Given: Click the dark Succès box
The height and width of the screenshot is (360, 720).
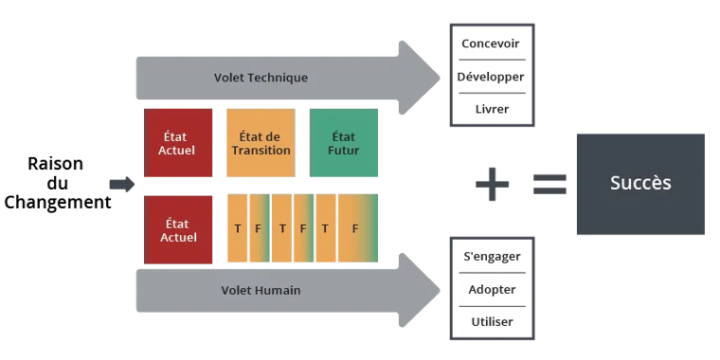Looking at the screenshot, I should tap(640, 184).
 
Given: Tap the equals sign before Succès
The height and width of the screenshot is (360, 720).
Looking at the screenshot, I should tap(549, 183).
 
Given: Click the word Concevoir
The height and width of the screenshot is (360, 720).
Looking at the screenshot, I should tap(490, 44).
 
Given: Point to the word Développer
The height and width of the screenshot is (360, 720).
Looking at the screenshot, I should tap(490, 76).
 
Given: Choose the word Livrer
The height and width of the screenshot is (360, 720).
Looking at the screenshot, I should tap(490, 109).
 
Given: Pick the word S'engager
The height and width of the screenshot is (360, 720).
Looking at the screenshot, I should tap(491, 256).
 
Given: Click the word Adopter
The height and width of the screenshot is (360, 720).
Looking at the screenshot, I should tap(491, 289).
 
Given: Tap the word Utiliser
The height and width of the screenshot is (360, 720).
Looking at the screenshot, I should tap(491, 322).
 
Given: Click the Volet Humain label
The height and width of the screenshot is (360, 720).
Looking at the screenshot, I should tap(261, 290).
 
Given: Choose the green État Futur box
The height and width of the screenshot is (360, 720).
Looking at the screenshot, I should tap(343, 142).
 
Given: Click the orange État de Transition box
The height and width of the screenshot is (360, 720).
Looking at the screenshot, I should tap(260, 142).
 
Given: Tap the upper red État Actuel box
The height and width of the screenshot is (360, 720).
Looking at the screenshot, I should tap(178, 142).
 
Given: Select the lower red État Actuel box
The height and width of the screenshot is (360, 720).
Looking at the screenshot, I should tap(178, 228).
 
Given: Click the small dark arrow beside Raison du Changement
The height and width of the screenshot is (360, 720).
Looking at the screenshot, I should tap(122, 183).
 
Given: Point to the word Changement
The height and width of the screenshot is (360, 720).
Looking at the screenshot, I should tap(57, 202).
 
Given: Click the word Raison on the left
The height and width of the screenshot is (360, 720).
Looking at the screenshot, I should tap(58, 164).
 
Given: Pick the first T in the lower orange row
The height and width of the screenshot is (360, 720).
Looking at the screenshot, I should tap(237, 228).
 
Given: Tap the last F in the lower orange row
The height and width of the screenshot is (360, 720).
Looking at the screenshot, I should tap(354, 228).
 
